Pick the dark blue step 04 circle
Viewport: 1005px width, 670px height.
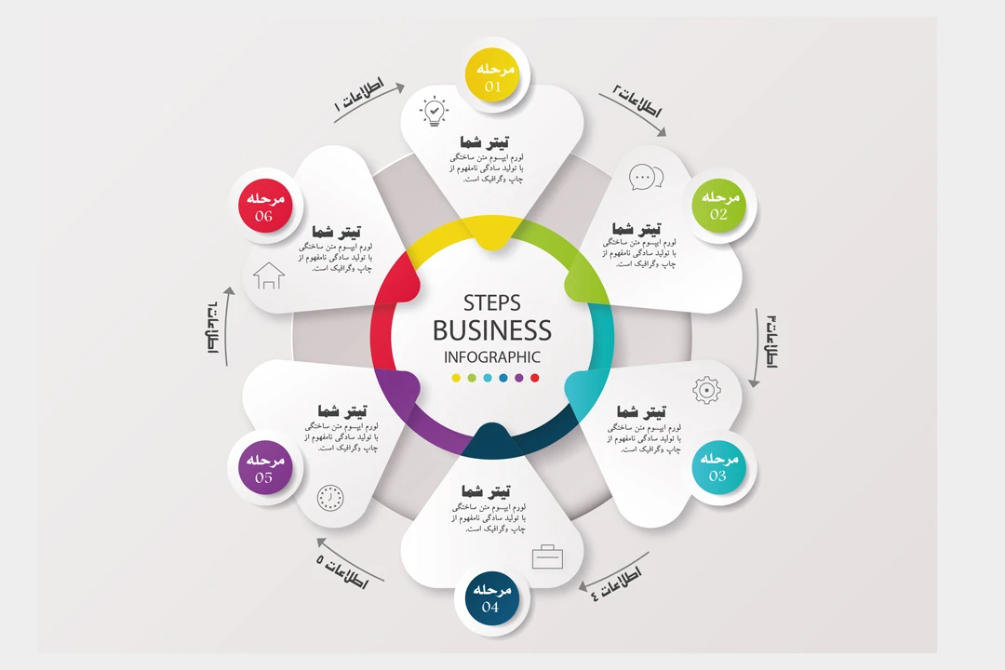(490, 598)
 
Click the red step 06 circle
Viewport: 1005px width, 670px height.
(265, 206)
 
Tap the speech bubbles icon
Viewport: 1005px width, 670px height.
(646, 177)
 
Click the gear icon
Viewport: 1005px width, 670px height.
(707, 390)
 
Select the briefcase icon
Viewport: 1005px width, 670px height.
(547, 556)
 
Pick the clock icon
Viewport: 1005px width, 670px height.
(329, 498)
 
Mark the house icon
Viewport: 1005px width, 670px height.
(269, 275)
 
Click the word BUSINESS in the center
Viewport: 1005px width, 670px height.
(491, 330)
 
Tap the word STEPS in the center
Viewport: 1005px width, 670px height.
(491, 303)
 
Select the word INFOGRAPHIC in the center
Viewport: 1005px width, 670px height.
(491, 356)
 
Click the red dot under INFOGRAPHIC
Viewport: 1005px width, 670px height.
(535, 378)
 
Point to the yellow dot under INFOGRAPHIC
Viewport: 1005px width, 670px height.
(456, 378)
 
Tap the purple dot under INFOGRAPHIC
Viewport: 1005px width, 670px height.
(519, 378)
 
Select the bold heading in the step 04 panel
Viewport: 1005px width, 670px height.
(486, 490)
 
